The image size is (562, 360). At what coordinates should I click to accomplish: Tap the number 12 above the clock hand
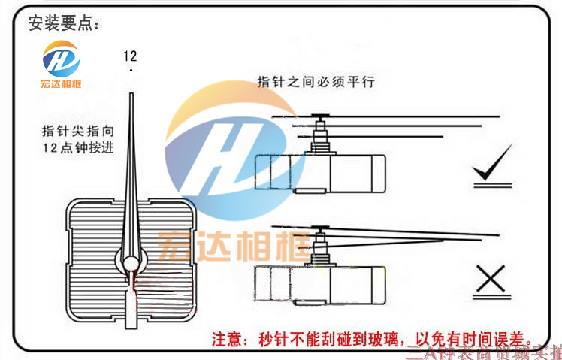pyautogui.click(x=131, y=55)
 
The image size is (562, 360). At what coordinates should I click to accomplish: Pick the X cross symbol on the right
pyautogui.click(x=492, y=280)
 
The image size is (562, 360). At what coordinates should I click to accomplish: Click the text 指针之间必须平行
pyautogui.click(x=316, y=80)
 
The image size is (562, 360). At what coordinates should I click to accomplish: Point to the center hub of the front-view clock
pyautogui.click(x=131, y=263)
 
